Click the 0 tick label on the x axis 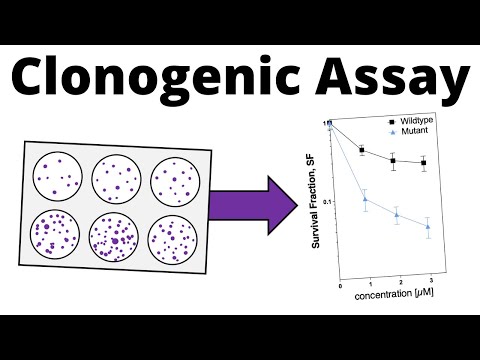340,286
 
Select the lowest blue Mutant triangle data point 428,227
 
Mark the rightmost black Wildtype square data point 425,162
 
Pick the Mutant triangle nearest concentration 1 365,198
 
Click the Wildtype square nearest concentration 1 362,150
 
